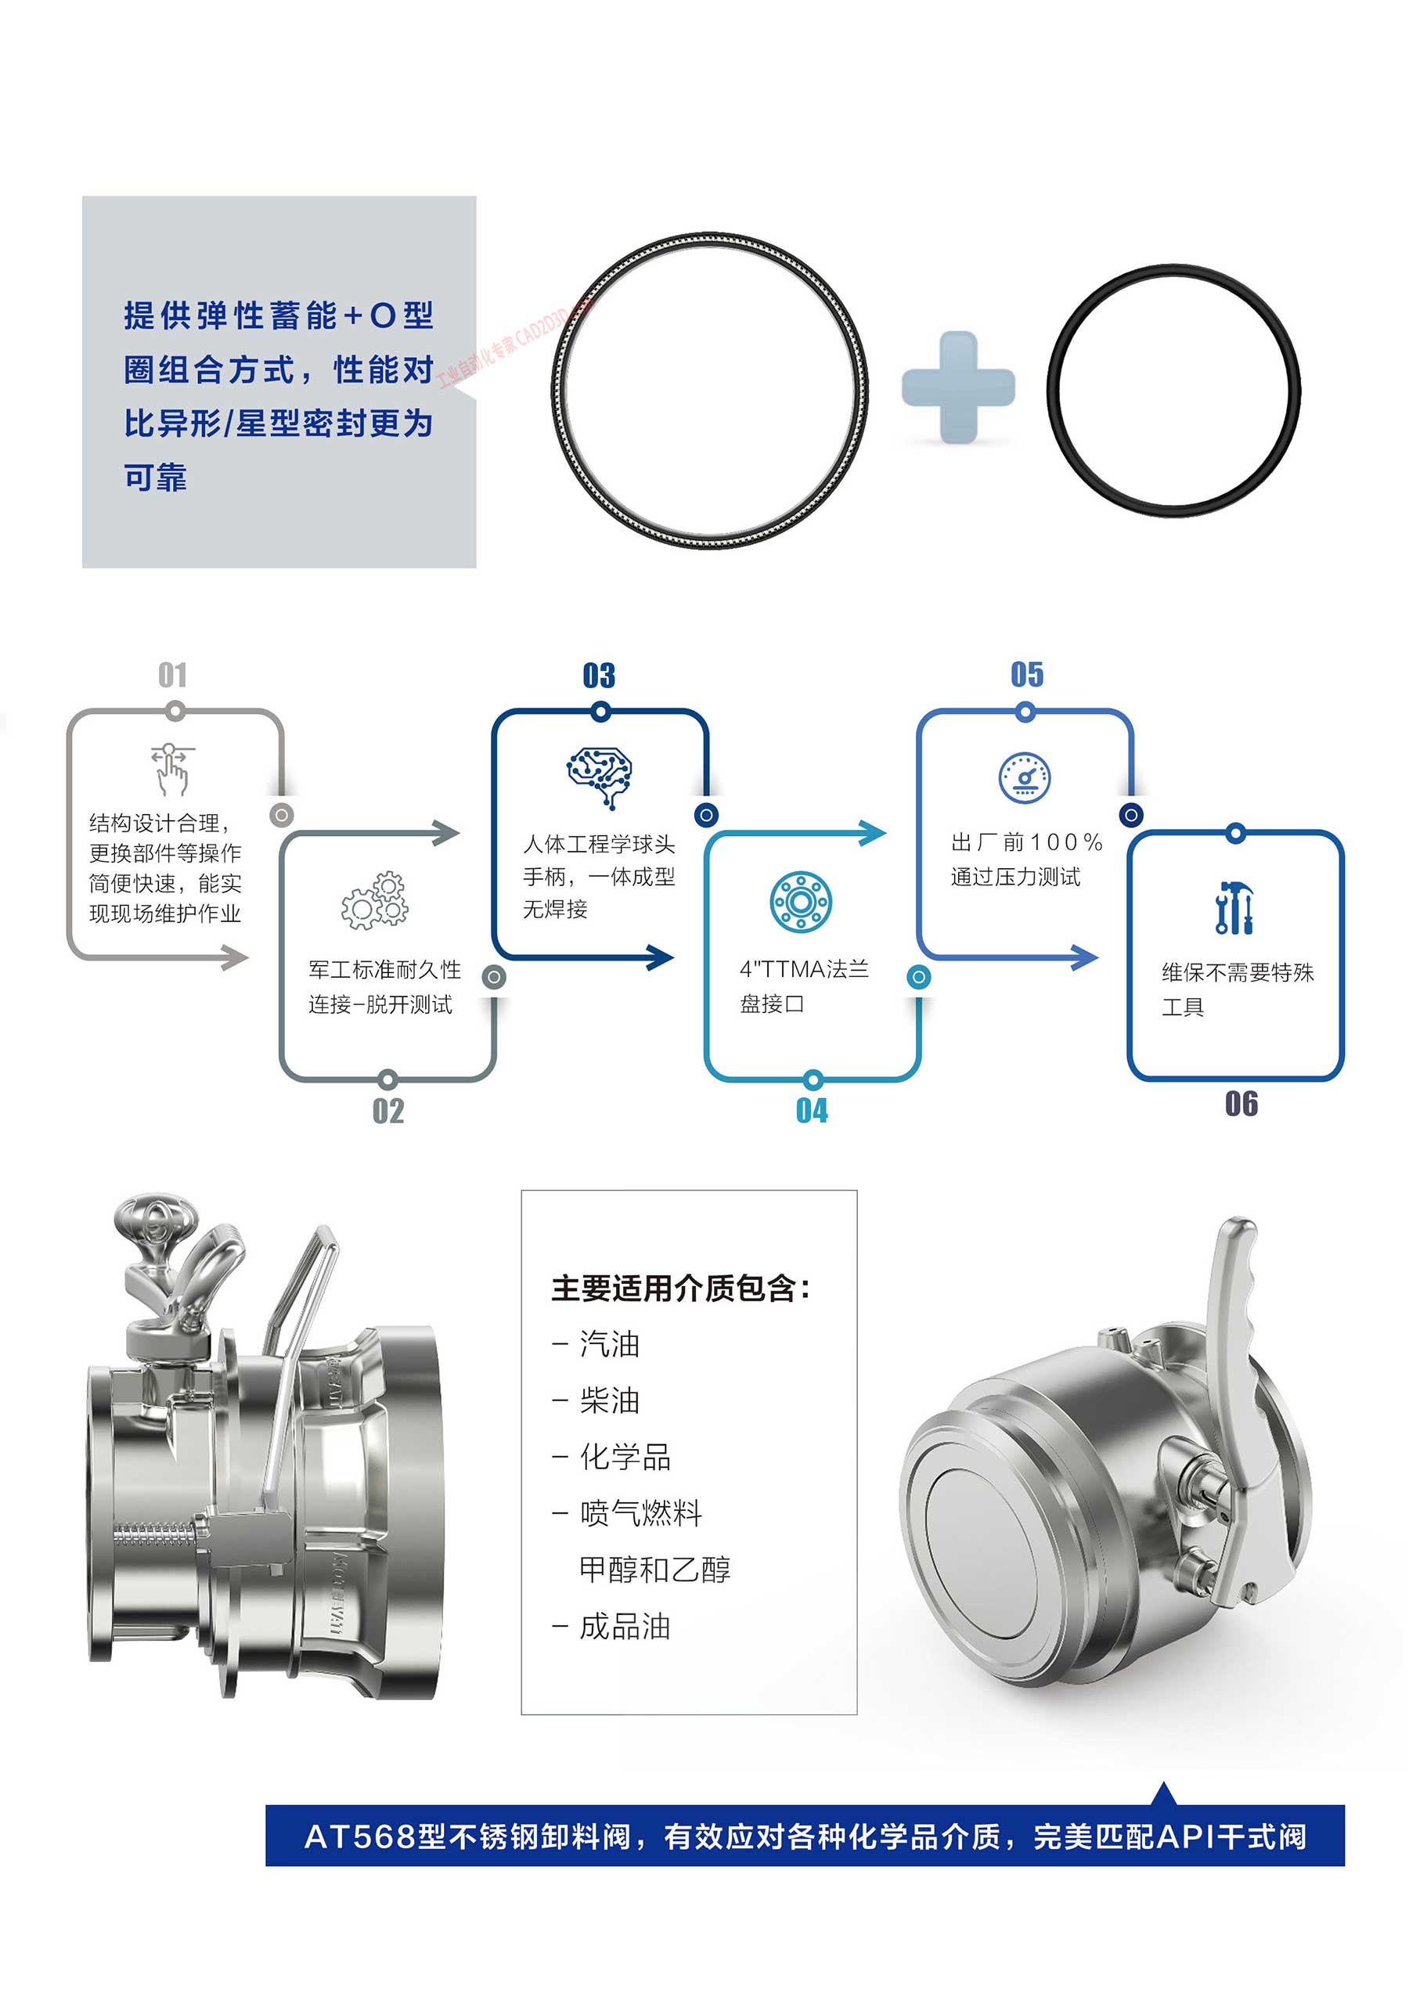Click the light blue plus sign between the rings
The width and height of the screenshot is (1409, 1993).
pos(957,387)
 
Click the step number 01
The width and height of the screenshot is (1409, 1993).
pos(173,675)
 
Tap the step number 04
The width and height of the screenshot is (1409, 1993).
pos(812,1110)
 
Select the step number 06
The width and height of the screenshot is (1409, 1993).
pos(1241,1105)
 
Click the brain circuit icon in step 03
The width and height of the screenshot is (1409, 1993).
pos(599,774)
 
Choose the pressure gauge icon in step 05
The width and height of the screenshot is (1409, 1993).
pos(1025,777)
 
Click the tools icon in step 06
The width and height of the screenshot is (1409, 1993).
pos(1234,908)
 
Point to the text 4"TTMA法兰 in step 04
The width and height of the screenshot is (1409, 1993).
pos(804,969)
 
